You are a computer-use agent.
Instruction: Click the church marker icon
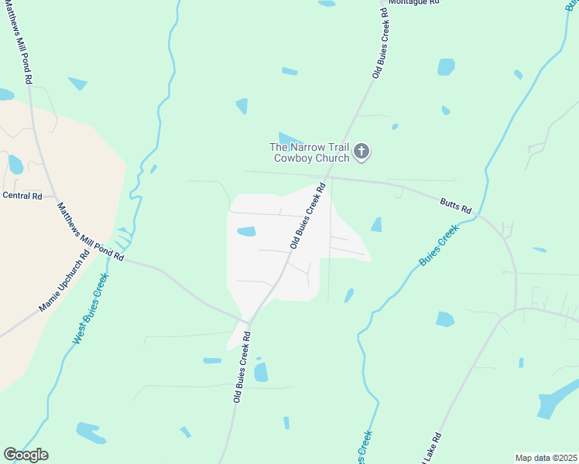[361, 153]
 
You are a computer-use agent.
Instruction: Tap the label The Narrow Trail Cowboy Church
[309, 153]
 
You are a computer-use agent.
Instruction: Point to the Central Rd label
[22, 196]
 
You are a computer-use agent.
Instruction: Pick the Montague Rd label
[413, 2]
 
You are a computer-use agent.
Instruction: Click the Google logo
[26, 455]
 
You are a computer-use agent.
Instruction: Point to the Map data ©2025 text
[546, 458]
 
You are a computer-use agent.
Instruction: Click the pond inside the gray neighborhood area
[246, 231]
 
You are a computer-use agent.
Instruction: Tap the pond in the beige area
[15, 164]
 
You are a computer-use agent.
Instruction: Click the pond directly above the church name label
[289, 138]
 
